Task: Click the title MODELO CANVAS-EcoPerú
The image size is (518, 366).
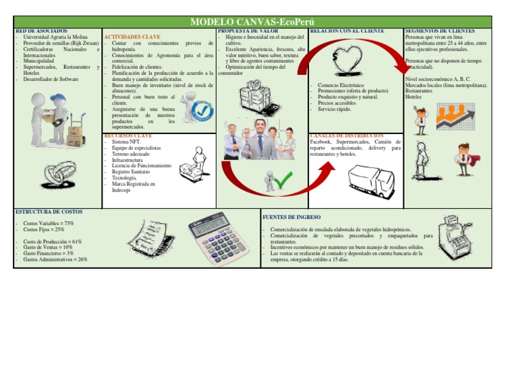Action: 258,22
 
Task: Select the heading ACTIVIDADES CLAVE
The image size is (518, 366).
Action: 132,36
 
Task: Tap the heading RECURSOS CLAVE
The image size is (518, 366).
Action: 127,135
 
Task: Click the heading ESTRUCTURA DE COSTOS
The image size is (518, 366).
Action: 49,212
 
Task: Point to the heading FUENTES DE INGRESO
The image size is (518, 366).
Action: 291,217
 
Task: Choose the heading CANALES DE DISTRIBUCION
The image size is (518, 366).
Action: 347,135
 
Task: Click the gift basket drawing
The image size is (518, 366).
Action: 256,96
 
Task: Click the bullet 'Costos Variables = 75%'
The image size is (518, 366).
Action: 49,223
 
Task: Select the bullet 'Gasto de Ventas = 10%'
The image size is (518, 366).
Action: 48,247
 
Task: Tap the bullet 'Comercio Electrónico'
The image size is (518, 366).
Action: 341,86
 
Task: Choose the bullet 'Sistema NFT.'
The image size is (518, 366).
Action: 126,142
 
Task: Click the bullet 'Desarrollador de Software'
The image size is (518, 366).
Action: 51,80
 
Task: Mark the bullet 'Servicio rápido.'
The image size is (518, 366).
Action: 335,109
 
